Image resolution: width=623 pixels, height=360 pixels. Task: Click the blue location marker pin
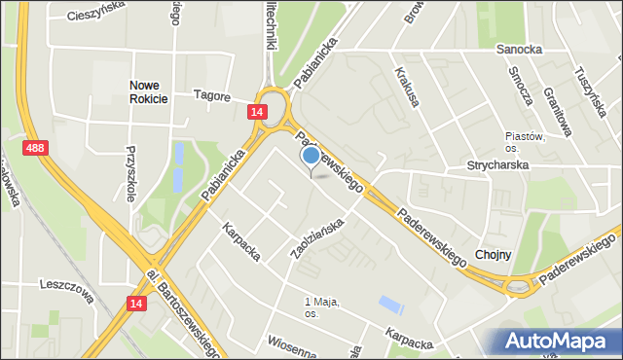(x=311, y=156)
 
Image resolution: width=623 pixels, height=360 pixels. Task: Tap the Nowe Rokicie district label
(x=149, y=91)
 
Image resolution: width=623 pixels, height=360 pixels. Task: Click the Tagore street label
(x=211, y=95)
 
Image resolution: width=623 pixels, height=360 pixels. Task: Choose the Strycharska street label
(x=496, y=165)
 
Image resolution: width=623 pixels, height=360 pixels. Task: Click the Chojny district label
(x=493, y=254)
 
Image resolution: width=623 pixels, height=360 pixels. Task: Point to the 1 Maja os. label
(x=321, y=307)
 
